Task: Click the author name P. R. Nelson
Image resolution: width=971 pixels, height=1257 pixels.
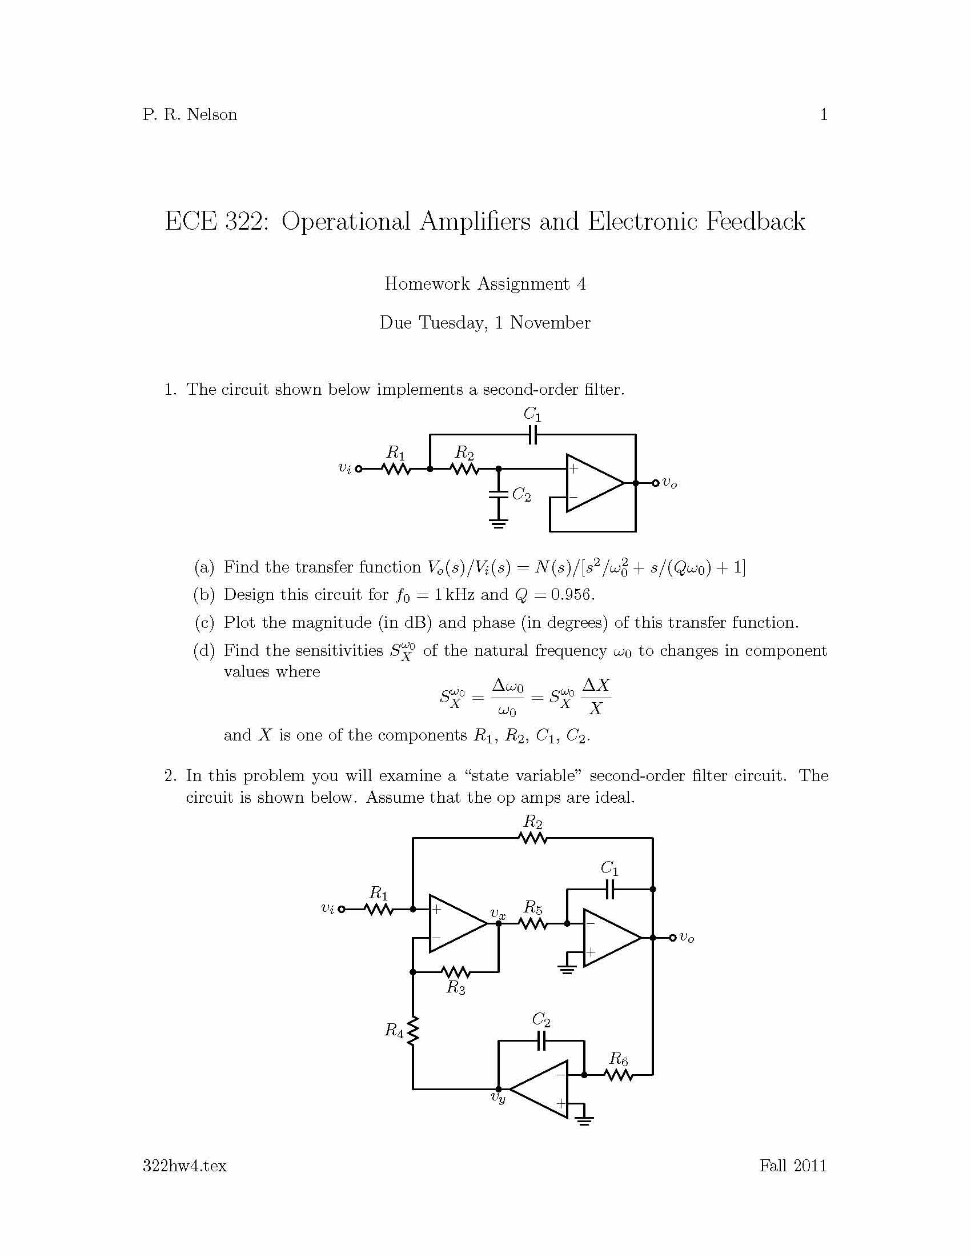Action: (189, 114)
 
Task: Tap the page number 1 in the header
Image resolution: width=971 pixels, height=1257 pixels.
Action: (823, 114)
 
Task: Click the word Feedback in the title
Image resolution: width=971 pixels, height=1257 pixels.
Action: (755, 222)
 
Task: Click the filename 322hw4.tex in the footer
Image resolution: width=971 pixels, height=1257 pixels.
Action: (184, 1166)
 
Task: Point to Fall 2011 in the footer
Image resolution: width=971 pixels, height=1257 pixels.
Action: (793, 1166)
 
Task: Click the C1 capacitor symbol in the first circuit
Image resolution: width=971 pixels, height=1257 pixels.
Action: (533, 435)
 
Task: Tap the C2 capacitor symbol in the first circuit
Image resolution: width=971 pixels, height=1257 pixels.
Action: (498, 493)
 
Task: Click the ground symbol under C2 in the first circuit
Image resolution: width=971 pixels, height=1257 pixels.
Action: (498, 524)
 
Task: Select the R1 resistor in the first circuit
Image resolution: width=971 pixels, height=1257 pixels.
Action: (396, 469)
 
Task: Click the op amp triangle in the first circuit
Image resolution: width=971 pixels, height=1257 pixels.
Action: (592, 483)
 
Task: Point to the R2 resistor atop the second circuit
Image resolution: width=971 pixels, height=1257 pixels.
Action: (533, 839)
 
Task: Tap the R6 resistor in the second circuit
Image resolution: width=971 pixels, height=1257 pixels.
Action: (619, 1075)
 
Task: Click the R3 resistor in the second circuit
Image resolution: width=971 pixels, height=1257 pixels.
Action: (456, 972)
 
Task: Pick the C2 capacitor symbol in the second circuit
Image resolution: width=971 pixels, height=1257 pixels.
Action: (541, 1040)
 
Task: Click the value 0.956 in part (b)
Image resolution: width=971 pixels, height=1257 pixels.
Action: (572, 595)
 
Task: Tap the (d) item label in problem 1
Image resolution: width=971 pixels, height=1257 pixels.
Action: (204, 650)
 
